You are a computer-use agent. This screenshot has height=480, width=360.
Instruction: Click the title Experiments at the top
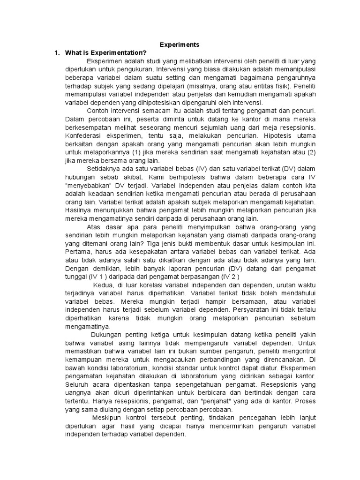click(180, 45)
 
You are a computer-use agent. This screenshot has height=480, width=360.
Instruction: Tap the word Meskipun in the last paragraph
click(107, 418)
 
